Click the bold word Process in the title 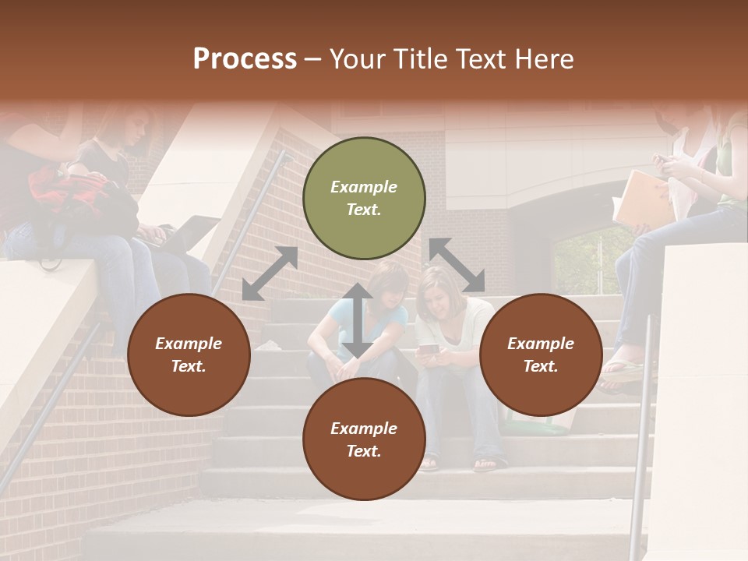coord(245,59)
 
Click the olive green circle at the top coord(364,198)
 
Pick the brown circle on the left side coord(189,355)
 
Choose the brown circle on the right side coord(541,355)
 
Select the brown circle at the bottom coord(364,439)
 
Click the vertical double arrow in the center coord(357,320)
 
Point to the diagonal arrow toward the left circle coord(270,273)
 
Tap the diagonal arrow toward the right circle coord(457,265)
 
